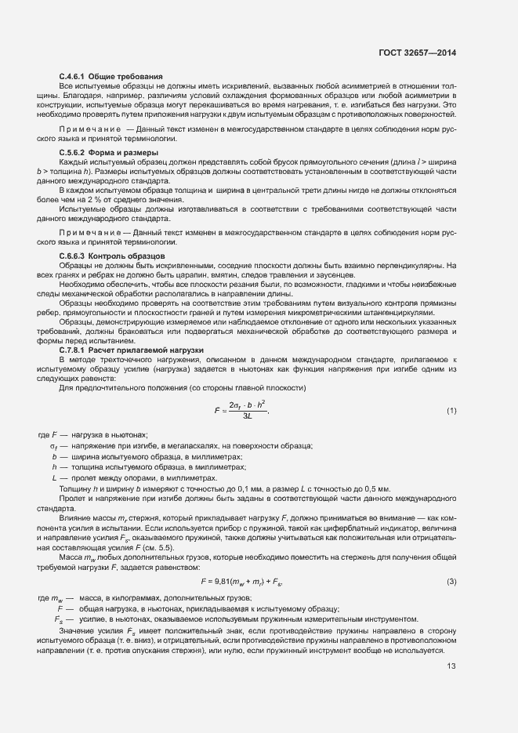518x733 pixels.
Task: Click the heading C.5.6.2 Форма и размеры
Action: [108, 151]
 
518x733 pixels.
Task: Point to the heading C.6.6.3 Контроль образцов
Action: [112, 256]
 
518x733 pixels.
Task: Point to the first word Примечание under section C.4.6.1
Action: [87, 127]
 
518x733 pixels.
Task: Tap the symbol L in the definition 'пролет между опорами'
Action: [54, 477]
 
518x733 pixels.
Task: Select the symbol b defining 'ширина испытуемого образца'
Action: [54, 455]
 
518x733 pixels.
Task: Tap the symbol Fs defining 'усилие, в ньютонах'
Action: [59, 619]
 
